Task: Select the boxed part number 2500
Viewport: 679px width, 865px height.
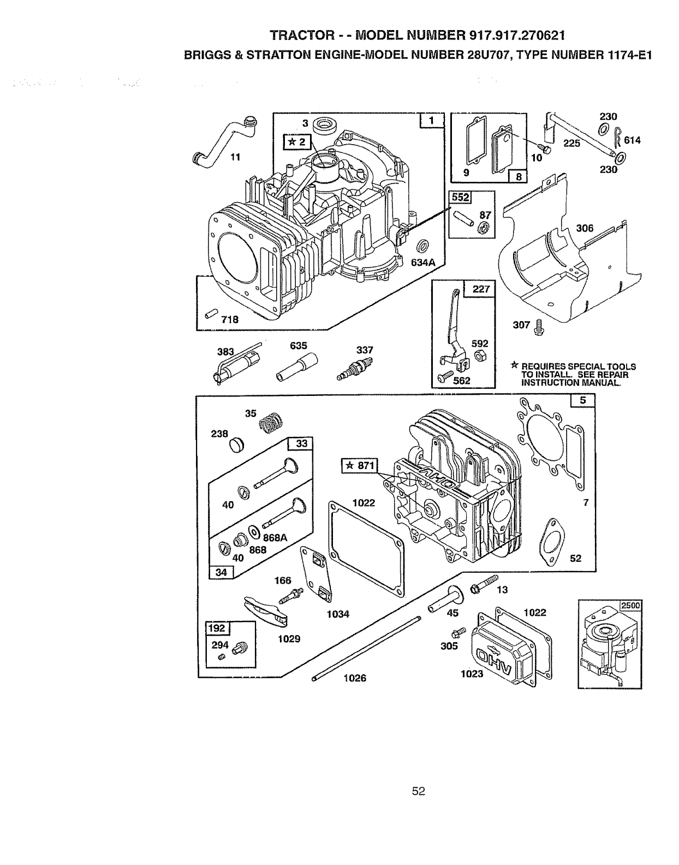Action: tap(631, 605)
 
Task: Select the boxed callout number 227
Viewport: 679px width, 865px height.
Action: tap(480, 288)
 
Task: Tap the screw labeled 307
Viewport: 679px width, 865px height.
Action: tap(541, 326)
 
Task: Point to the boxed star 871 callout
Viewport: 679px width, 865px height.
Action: tap(359, 466)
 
